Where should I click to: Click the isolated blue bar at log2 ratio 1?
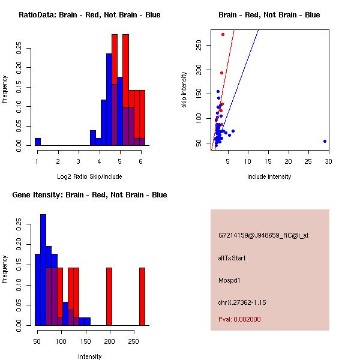(38, 142)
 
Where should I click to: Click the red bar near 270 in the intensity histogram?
(142, 296)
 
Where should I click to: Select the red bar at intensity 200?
(109, 296)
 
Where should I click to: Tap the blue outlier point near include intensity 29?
(325, 141)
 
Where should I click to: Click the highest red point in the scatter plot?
(223, 34)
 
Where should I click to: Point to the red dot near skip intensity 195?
(221, 73)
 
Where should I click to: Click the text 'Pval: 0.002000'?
(239, 319)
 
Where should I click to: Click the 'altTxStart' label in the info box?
(232, 258)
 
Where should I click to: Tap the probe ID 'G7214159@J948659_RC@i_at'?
(263, 236)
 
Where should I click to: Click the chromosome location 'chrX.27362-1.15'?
(242, 301)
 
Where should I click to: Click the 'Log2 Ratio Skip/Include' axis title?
(89, 176)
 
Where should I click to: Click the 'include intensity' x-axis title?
(269, 176)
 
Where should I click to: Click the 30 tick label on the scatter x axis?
(329, 161)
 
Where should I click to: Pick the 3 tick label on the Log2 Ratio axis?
(79, 161)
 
